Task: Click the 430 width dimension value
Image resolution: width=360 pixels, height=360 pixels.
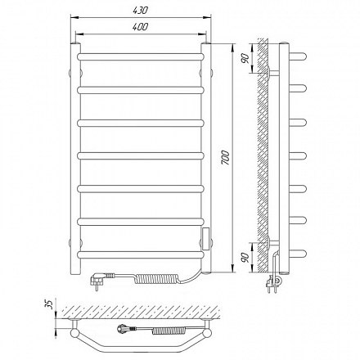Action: (x=141, y=11)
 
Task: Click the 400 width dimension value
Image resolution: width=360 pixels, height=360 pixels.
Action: (x=141, y=27)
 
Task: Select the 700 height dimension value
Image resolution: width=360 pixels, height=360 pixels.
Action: (x=226, y=157)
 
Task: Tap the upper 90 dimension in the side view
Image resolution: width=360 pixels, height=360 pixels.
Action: (x=245, y=58)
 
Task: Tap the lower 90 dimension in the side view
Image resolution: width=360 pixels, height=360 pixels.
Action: (x=245, y=258)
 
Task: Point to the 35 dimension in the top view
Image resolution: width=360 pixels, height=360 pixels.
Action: (x=48, y=304)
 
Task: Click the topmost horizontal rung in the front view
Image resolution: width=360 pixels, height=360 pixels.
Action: (x=141, y=56)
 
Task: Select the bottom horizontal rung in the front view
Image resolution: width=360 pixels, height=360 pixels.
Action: (x=141, y=254)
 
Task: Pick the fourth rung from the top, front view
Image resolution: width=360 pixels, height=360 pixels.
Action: (x=141, y=155)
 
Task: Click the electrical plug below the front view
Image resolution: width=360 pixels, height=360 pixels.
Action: (x=101, y=279)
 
